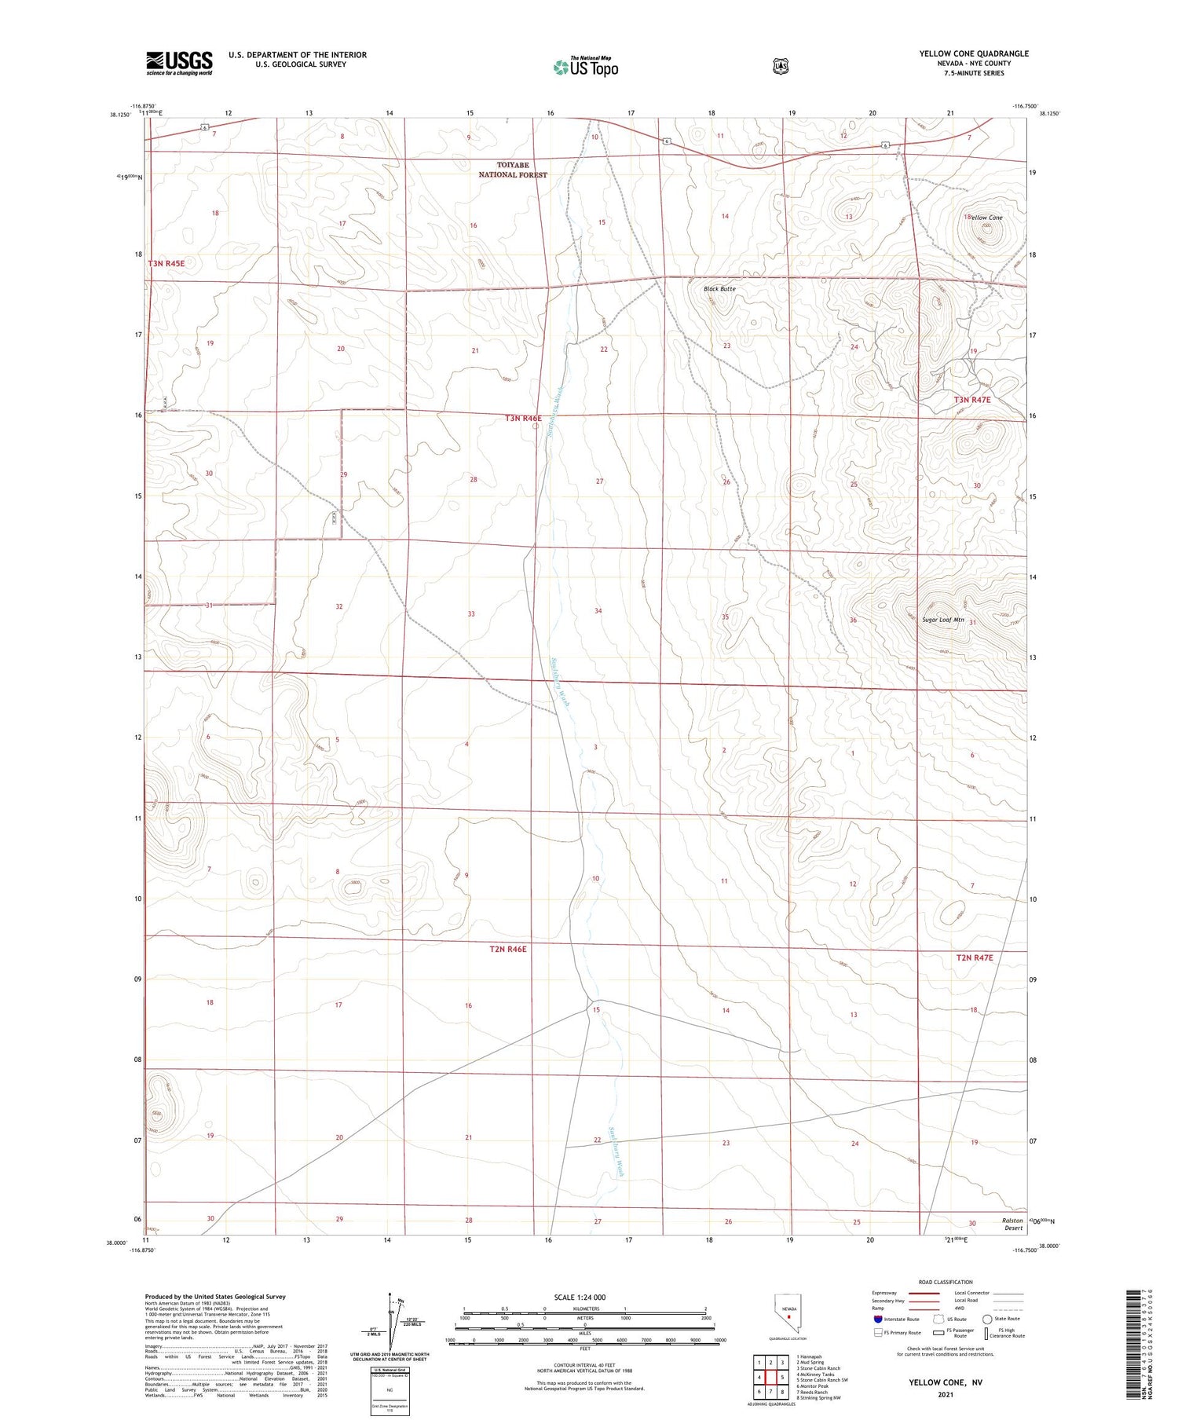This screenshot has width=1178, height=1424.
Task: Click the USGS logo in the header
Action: tap(179, 63)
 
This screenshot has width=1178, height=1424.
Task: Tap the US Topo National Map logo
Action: tap(586, 67)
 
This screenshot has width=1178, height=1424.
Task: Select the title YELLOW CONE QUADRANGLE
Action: tap(974, 53)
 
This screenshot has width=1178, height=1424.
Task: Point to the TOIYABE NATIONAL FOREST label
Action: tap(513, 170)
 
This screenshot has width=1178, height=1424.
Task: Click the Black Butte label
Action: tap(719, 289)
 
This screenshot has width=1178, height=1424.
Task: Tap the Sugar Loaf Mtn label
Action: tap(942, 620)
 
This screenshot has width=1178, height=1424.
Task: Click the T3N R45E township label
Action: tap(166, 264)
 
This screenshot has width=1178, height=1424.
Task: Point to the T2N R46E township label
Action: tap(507, 949)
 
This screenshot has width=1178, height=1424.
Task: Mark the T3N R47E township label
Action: tap(972, 400)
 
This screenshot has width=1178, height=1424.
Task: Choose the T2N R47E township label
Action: tap(974, 957)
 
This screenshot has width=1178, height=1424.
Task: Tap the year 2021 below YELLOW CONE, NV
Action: tap(945, 1395)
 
